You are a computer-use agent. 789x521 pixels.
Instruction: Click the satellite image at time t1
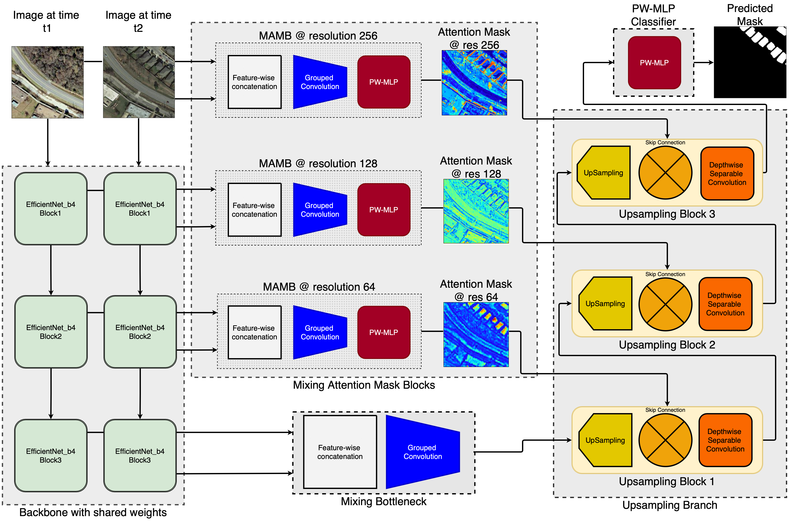click(x=48, y=82)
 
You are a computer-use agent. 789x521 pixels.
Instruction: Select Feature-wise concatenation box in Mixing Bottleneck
click(x=340, y=452)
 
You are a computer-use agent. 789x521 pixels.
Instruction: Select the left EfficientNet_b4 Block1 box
click(x=51, y=209)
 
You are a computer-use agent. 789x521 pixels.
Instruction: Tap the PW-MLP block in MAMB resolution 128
click(x=383, y=210)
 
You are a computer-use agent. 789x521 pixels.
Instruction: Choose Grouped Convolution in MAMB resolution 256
click(x=320, y=82)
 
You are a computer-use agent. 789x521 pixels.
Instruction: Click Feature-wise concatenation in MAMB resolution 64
click(x=254, y=332)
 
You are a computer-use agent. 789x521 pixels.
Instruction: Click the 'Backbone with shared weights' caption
click(x=93, y=512)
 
